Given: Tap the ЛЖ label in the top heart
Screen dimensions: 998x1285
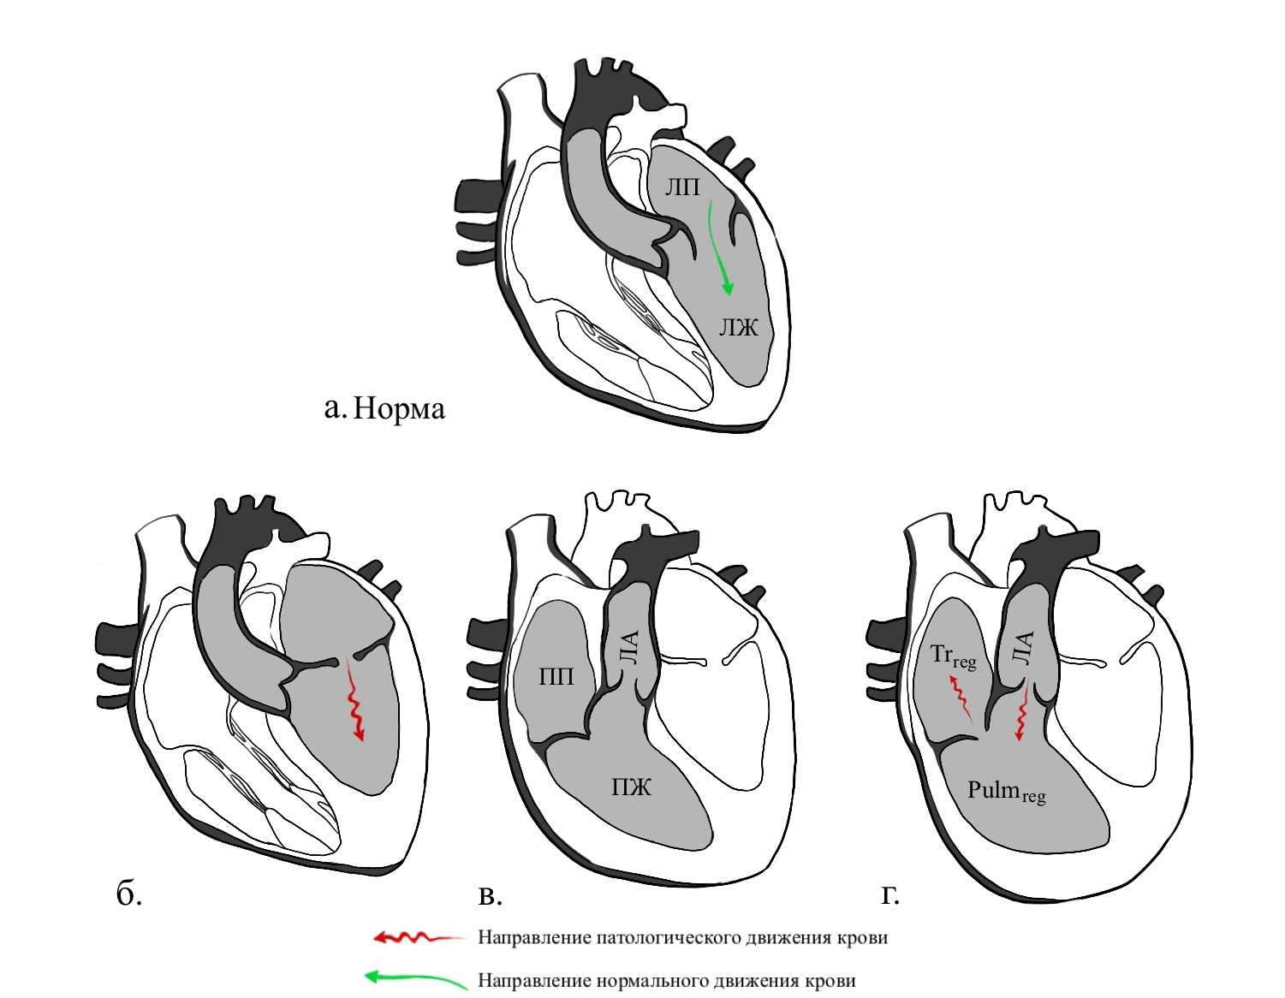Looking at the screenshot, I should [x=738, y=326].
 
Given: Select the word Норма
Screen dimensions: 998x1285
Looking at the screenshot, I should [x=399, y=408].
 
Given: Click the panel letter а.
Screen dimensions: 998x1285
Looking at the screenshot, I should [x=334, y=407].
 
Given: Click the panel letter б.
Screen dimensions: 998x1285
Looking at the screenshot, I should [x=128, y=894].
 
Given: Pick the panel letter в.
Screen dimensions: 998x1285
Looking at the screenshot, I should [x=489, y=895].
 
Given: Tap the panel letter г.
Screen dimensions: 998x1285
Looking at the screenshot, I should [x=890, y=894].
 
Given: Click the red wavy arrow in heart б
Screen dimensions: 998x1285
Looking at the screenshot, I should [x=354, y=702].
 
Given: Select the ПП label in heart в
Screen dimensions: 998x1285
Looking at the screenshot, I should [x=556, y=677].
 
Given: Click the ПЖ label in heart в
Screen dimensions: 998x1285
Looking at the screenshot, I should [x=631, y=786].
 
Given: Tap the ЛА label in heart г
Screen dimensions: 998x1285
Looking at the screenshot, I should [x=1023, y=648].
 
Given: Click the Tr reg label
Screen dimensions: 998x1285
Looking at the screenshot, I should [x=952, y=656].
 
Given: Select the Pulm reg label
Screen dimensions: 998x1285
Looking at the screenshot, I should [x=1006, y=791].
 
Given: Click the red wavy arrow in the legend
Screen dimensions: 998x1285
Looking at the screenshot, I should [x=418, y=937].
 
